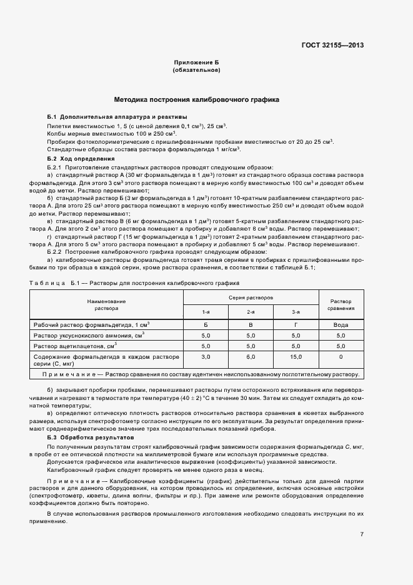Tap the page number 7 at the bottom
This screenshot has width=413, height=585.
click(362, 534)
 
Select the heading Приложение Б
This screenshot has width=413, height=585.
click(196, 63)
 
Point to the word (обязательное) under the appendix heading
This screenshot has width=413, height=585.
click(196, 70)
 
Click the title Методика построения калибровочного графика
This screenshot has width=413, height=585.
click(196, 99)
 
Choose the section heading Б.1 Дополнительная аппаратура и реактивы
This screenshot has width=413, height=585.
click(117, 117)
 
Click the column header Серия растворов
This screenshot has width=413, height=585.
click(250, 298)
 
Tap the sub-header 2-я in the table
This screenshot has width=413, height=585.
click(251, 312)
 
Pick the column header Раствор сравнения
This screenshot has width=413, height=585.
click(341, 304)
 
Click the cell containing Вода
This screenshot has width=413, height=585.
click(341, 326)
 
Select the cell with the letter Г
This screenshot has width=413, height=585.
click(296, 326)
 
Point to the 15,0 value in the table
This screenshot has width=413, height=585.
click(296, 356)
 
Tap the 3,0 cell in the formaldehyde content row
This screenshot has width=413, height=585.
click(206, 356)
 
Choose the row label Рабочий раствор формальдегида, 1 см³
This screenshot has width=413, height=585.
click(91, 326)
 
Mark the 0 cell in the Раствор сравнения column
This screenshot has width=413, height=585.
click(341, 356)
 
